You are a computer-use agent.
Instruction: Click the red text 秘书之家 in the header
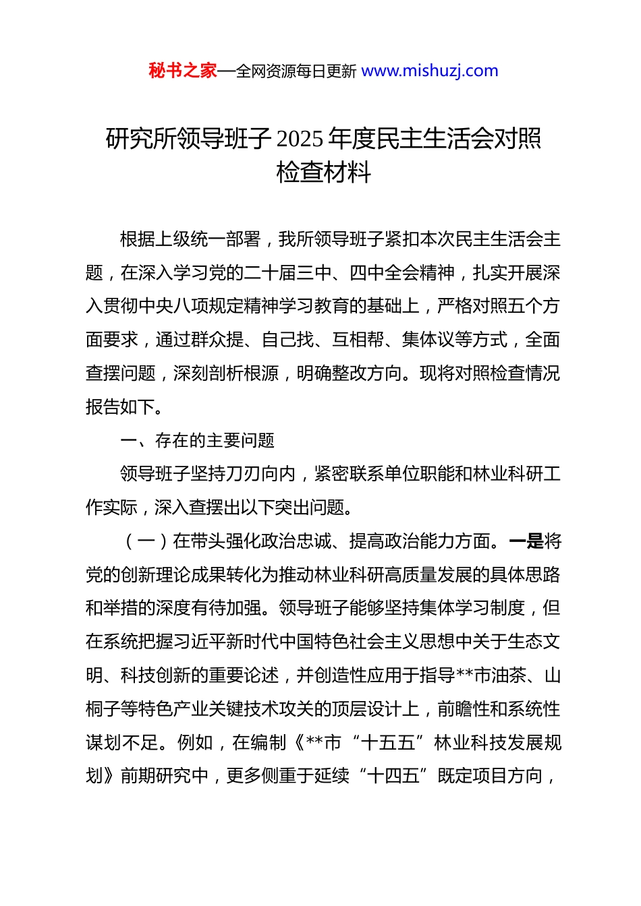182,71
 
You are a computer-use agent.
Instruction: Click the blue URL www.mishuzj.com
430,71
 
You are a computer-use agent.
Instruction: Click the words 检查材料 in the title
324,173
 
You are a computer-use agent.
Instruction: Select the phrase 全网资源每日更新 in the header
296,71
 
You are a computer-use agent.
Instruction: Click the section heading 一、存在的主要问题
197,441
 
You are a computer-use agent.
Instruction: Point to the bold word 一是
526,541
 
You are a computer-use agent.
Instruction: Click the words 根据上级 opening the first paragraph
155,239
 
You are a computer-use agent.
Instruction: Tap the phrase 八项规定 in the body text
208,306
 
